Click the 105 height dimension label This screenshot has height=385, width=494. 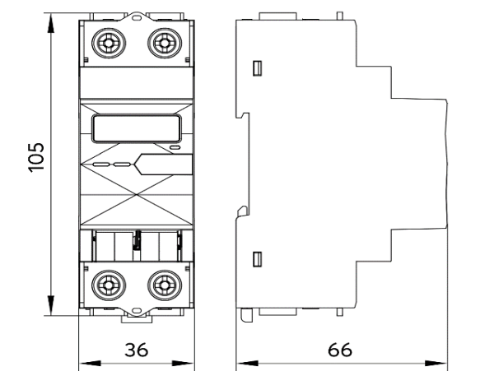pos(35,156)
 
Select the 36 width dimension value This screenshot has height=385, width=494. pos(136,350)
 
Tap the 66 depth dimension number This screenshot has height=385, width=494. pos(340,350)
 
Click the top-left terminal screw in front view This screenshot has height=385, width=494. pos(107,40)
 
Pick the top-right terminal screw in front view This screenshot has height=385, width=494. pos(164,40)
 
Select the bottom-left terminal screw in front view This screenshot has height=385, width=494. pos(107,285)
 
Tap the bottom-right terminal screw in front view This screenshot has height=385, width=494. pos(164,285)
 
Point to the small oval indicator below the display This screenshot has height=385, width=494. pos(174,148)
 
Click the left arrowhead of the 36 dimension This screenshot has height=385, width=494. pos(83,362)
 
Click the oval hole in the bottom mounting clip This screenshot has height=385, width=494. pos(136,312)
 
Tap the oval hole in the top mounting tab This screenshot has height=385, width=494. pos(136,16)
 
